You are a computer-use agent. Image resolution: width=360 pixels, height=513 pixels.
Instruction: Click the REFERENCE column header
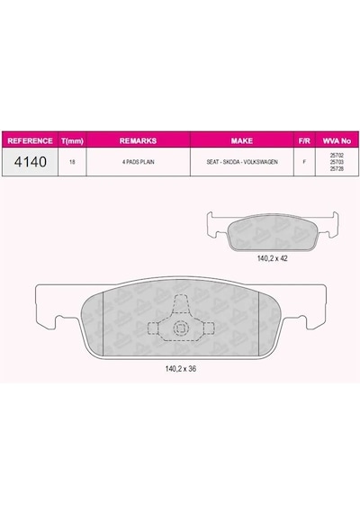30,140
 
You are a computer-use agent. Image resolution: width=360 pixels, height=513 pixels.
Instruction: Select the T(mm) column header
72,141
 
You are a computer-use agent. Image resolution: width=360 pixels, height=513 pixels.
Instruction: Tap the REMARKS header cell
138,140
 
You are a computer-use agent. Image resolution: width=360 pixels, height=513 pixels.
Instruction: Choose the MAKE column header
242,140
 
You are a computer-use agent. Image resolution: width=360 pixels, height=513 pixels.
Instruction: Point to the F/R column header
304,140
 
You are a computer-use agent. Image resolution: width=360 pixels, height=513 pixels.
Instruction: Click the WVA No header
337,140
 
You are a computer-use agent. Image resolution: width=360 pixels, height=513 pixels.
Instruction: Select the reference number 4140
31,162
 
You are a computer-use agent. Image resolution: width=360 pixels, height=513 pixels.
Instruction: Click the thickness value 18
72,162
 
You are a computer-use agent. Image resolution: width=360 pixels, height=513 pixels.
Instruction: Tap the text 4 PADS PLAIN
138,162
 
